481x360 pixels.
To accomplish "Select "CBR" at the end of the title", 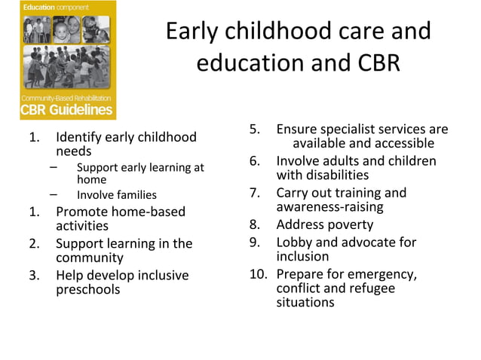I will point(374,63).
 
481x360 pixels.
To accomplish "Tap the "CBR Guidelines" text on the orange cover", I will point(66,110).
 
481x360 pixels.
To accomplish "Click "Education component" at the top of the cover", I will point(57,7).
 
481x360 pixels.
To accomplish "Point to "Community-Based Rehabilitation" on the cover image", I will point(66,98).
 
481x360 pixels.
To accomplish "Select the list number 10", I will point(258,273).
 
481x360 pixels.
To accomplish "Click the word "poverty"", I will point(350,224).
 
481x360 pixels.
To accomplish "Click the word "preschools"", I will point(87,289).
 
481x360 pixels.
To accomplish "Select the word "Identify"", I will point(79,137).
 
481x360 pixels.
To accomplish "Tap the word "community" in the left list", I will point(90,258).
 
